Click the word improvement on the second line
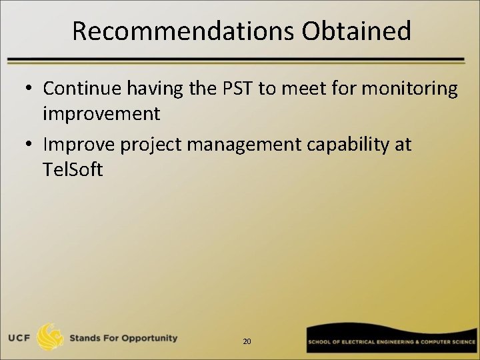[x=101, y=114]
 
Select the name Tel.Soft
[x=72, y=169]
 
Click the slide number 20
[x=247, y=341]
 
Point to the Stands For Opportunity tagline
[x=123, y=338]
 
